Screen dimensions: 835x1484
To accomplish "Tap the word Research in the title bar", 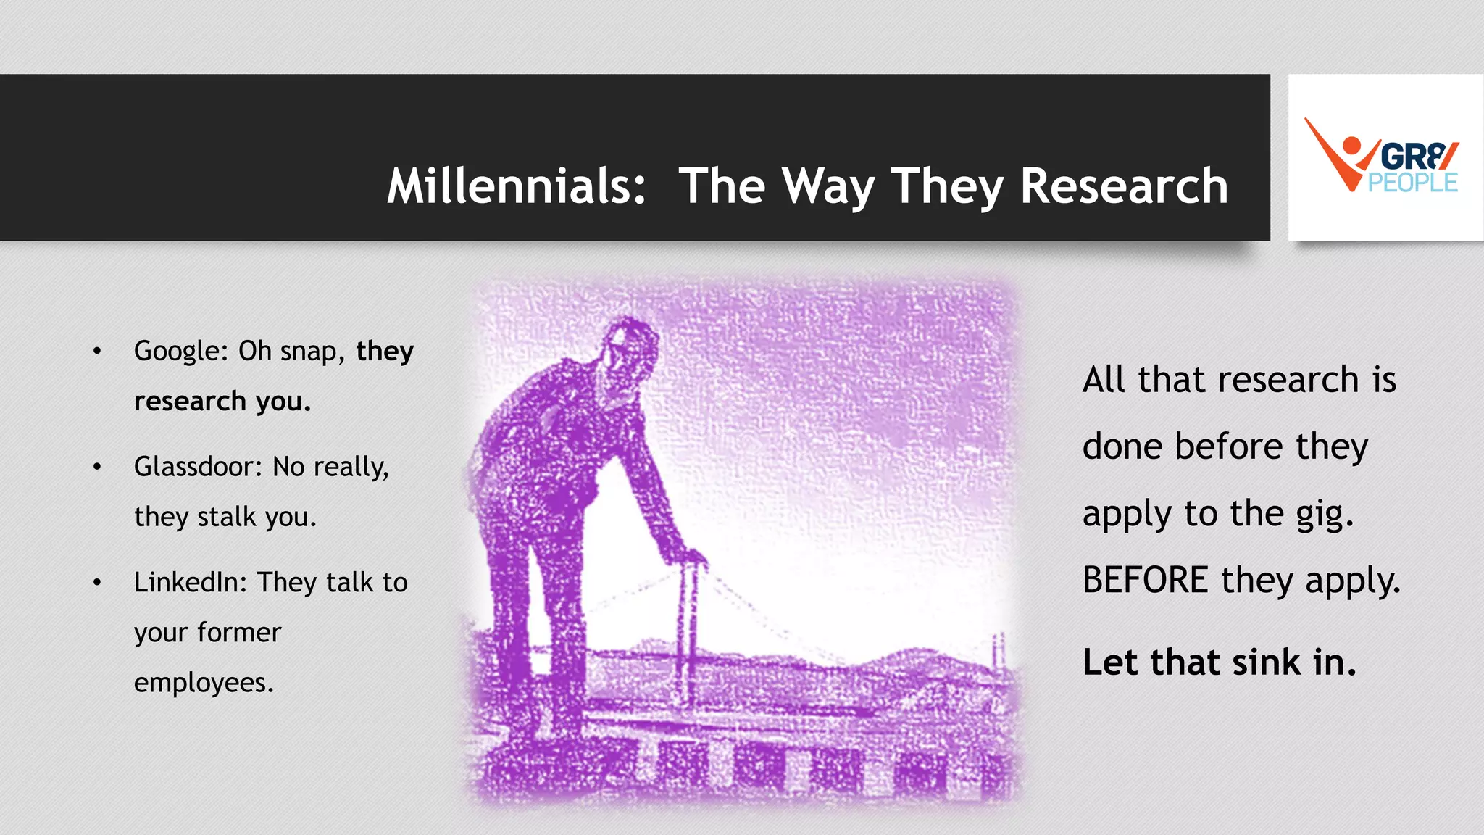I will coord(1124,186).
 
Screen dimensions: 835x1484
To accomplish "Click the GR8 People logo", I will coord(1384,157).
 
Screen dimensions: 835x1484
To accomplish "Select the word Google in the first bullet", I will coord(176,351).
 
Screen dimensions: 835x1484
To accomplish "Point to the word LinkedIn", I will coord(191,582).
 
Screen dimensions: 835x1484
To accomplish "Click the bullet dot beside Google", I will coord(97,352).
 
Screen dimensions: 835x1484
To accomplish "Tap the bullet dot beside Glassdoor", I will coord(97,467).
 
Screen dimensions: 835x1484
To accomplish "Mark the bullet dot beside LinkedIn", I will coord(97,583).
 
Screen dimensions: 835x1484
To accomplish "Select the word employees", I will coord(204,683).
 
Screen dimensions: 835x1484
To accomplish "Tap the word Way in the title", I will coord(828,186).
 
